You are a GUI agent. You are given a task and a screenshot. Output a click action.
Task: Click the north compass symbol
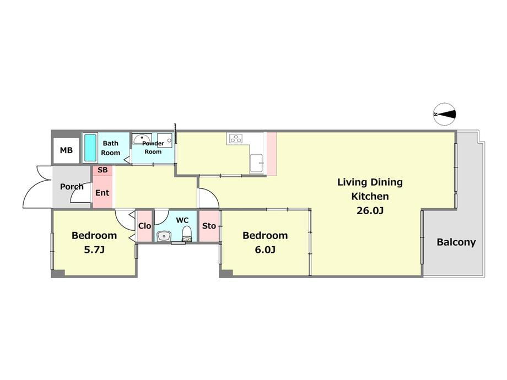pyautogui.click(x=445, y=115)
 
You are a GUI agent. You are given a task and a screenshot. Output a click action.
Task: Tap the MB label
pyautogui.click(x=66, y=150)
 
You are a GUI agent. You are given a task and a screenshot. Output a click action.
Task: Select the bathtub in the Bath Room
pyautogui.click(x=90, y=148)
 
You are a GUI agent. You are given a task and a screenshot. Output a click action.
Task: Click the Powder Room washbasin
pyautogui.click(x=142, y=139)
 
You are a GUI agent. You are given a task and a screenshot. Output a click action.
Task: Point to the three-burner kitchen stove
pyautogui.click(x=236, y=138)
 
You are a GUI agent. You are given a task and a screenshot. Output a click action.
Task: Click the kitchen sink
pyautogui.click(x=256, y=164)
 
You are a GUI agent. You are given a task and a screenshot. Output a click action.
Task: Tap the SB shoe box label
pyautogui.click(x=103, y=170)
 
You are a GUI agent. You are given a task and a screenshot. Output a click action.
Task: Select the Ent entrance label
pyautogui.click(x=102, y=193)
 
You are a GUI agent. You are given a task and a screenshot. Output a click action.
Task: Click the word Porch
pyautogui.click(x=72, y=187)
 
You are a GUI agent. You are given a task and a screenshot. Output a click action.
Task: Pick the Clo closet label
pyautogui.click(x=144, y=226)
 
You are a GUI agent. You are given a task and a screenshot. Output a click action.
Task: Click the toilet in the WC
pyautogui.click(x=187, y=234)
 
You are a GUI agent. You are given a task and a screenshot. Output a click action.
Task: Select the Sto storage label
pyautogui.click(x=209, y=226)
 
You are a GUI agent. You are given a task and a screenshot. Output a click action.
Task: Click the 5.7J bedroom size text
pyautogui.click(x=94, y=250)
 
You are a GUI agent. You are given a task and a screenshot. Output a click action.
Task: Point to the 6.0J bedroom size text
pyautogui.click(x=265, y=250)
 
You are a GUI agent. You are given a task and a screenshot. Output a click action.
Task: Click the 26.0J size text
pyautogui.click(x=370, y=211)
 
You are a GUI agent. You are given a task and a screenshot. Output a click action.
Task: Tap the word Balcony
pyautogui.click(x=456, y=242)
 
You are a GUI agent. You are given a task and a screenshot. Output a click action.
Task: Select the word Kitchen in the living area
pyautogui.click(x=370, y=197)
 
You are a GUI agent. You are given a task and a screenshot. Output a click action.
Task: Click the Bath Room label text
pyautogui.click(x=111, y=148)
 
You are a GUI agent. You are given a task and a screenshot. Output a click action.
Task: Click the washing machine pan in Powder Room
pyautogui.click(x=165, y=140)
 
